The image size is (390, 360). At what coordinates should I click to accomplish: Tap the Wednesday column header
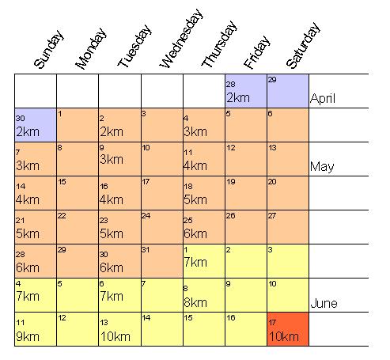click(x=181, y=39)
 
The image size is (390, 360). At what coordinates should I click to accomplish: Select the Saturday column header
click(x=303, y=46)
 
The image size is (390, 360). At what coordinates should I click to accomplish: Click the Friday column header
click(x=257, y=52)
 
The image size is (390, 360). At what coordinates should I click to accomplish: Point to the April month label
click(x=323, y=98)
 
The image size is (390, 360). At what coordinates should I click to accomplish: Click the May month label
click(x=322, y=167)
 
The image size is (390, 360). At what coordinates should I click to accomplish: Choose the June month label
click(x=324, y=303)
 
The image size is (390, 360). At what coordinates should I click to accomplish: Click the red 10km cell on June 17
click(x=288, y=329)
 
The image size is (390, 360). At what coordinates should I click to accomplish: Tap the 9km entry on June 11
click(x=28, y=336)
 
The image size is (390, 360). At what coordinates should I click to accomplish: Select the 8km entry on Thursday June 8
click(x=195, y=302)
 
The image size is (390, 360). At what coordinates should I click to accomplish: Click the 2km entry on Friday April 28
click(x=238, y=98)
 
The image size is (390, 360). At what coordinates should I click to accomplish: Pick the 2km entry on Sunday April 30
click(x=28, y=132)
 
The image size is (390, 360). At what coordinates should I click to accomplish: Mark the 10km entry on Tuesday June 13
click(x=115, y=336)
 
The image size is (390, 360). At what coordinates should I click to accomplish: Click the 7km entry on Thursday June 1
click(x=195, y=263)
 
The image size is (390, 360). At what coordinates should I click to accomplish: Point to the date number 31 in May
click(x=146, y=249)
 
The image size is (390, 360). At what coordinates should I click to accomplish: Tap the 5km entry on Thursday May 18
click(x=195, y=200)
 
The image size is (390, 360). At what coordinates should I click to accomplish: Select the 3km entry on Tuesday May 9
click(x=112, y=160)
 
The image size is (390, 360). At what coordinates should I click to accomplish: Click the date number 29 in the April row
click(x=272, y=79)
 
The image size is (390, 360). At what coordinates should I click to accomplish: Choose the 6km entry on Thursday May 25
click(x=195, y=234)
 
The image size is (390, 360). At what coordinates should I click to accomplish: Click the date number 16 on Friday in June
click(x=231, y=317)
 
